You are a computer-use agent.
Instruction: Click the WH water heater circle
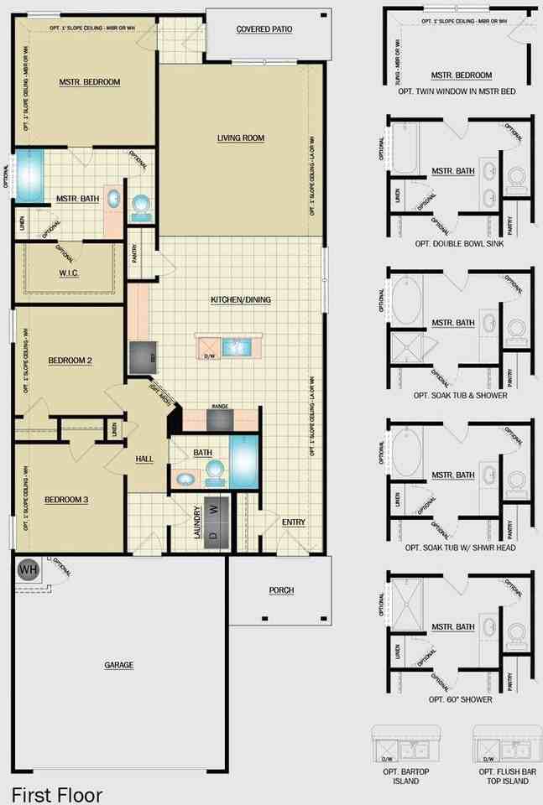[28, 569]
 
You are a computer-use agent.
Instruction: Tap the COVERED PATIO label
[264, 29]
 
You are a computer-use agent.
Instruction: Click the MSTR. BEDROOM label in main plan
[90, 82]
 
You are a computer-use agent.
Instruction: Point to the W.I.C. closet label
[70, 273]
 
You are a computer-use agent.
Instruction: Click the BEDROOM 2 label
[70, 361]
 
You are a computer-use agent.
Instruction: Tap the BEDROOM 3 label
[66, 500]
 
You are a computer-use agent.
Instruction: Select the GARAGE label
[119, 665]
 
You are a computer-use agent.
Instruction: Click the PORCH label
[281, 590]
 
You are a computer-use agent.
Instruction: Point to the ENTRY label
[294, 522]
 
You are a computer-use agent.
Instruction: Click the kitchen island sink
[238, 345]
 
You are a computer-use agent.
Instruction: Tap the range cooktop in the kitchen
[220, 419]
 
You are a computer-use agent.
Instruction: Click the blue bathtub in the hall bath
[246, 461]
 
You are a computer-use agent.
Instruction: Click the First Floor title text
[57, 793]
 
